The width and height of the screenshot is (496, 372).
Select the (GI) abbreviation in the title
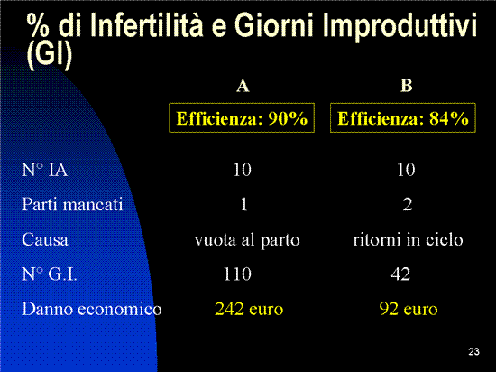pos(50,56)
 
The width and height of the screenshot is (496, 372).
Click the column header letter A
pos(243,86)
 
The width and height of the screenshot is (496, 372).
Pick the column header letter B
pos(406,86)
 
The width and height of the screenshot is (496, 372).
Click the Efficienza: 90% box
pos(242,117)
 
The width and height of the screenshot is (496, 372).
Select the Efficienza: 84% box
pos(403,117)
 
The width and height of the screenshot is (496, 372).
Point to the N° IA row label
pos(44,170)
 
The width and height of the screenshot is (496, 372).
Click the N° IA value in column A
pos(242,170)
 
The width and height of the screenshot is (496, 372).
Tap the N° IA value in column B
pos(406,170)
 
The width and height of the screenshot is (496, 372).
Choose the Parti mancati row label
pos(72,204)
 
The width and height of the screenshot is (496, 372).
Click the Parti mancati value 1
pos(243,205)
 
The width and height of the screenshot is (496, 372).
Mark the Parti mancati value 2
pos(408,205)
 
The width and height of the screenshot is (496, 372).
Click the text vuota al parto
pos(247,240)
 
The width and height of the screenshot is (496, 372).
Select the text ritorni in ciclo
pos(408,239)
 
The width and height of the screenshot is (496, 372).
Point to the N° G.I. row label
pos(50,274)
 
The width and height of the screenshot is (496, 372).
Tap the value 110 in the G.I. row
pos(237,274)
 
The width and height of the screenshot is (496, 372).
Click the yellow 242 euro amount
pos(249,309)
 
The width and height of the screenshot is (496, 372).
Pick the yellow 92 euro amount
pos(409,309)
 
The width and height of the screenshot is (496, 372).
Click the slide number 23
pos(473,352)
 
